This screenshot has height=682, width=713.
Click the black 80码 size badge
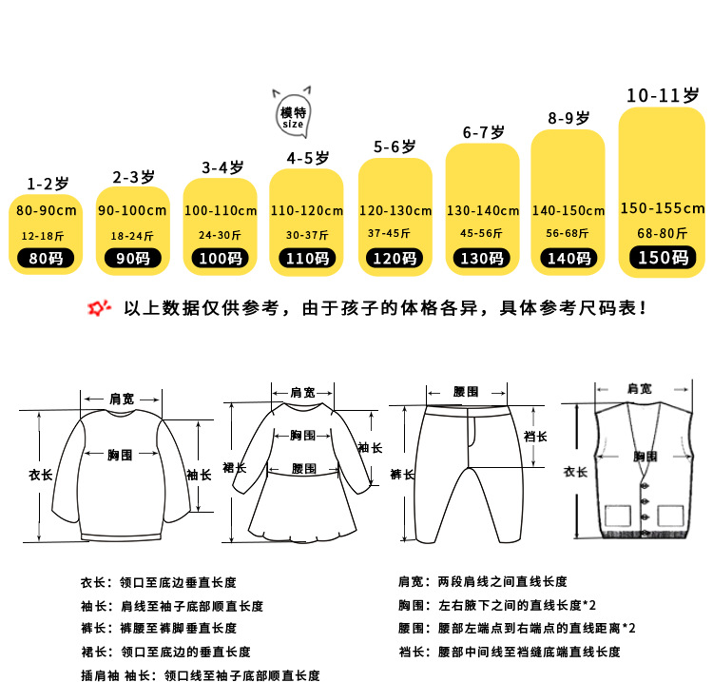click(46, 257)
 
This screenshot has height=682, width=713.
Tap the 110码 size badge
click(307, 257)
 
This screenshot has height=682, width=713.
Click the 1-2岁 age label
click(47, 183)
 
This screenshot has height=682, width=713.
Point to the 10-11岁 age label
click(662, 95)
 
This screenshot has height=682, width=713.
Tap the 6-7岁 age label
click(483, 133)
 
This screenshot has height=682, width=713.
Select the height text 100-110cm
click(220, 210)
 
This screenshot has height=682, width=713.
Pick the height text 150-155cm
click(662, 208)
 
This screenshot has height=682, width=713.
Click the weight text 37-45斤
click(395, 233)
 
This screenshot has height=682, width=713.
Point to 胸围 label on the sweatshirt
click(121, 455)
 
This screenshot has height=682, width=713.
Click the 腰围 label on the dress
click(303, 469)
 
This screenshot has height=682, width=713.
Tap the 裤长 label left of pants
click(400, 473)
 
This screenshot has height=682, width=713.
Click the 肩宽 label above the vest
click(639, 388)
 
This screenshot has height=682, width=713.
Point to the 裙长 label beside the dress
click(234, 468)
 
